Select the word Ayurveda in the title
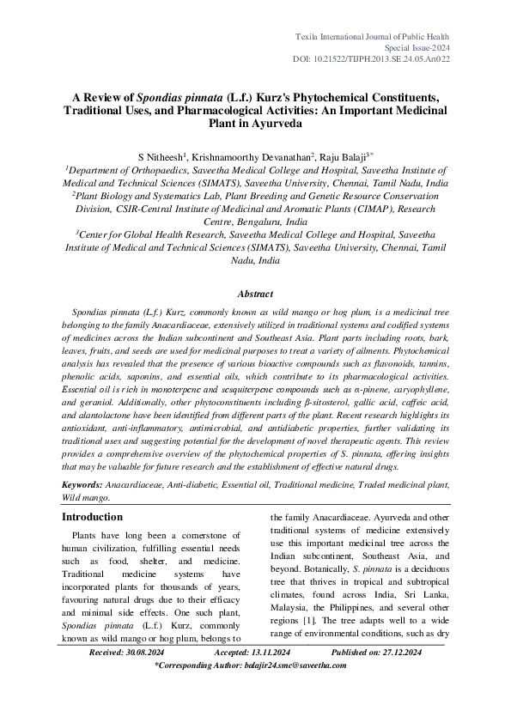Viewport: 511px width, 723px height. [x=273, y=123]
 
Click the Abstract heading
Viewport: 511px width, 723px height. [x=255, y=294]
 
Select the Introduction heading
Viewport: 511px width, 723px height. [x=92, y=517]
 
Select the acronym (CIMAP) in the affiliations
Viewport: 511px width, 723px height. [x=369, y=208]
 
